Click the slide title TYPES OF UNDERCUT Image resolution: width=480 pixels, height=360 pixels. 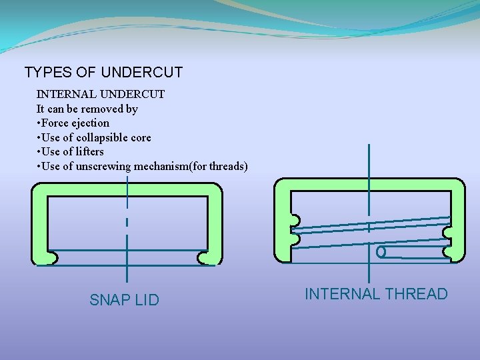[x=103, y=72]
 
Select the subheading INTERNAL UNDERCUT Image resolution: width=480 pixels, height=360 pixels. [x=100, y=94]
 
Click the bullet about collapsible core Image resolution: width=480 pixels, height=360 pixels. [x=95, y=137]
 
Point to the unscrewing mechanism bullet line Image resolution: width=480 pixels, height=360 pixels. [x=143, y=166]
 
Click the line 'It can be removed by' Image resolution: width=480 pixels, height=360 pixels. [x=87, y=108]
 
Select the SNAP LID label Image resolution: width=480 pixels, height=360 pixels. [x=124, y=300]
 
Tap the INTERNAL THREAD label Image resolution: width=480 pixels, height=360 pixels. [x=376, y=294]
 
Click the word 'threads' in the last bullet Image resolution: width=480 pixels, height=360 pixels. [x=227, y=166]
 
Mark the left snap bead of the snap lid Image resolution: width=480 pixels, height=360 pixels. [x=51, y=257]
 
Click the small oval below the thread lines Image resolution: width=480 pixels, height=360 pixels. [x=381, y=253]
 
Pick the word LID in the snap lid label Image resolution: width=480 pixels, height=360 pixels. [x=147, y=300]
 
